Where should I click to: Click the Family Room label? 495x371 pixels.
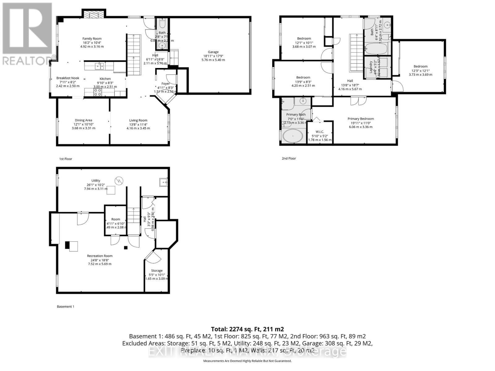[x=92, y=39]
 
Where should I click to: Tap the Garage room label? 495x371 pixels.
[x=213, y=52]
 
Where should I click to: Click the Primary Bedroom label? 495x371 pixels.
[x=360, y=119]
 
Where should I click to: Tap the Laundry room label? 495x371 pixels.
[x=370, y=67]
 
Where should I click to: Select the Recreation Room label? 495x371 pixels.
[x=100, y=256]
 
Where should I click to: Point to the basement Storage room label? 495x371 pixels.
[x=157, y=271]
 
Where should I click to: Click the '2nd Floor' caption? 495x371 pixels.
[x=289, y=158]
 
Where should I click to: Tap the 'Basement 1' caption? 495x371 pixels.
[x=66, y=306]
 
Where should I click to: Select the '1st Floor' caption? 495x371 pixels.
[x=66, y=159]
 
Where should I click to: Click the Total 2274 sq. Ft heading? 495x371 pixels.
[x=247, y=329]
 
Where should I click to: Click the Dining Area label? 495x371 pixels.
[x=84, y=120]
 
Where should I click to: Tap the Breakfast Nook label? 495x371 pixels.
[x=68, y=78]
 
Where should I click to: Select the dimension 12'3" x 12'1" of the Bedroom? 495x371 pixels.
[x=420, y=70]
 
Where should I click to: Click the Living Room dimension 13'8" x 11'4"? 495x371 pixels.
[x=138, y=124]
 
